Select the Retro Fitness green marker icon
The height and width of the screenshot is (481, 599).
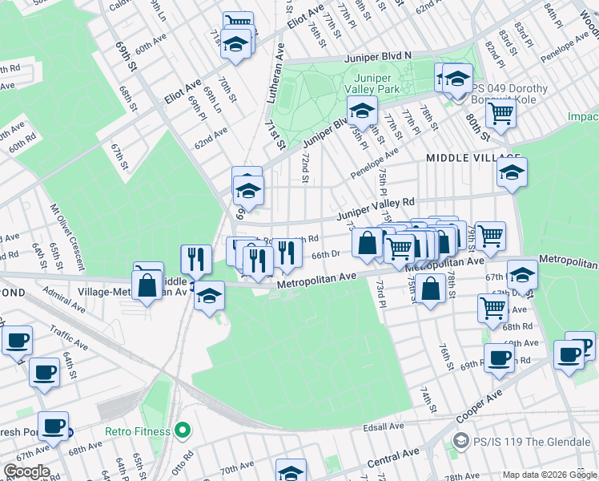click(x=183, y=431)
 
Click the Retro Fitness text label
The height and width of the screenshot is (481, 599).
click(x=137, y=431)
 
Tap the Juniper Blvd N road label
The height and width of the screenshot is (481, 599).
click(x=377, y=56)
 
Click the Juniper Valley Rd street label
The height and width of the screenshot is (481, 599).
click(x=376, y=208)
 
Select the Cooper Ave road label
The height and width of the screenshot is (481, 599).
click(x=478, y=407)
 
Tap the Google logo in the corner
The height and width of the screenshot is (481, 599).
click(x=26, y=471)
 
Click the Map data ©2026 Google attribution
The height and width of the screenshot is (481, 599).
click(x=549, y=475)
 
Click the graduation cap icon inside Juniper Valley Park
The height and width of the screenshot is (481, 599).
click(x=362, y=111)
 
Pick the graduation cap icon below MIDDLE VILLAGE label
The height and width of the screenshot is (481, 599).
click(x=512, y=172)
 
